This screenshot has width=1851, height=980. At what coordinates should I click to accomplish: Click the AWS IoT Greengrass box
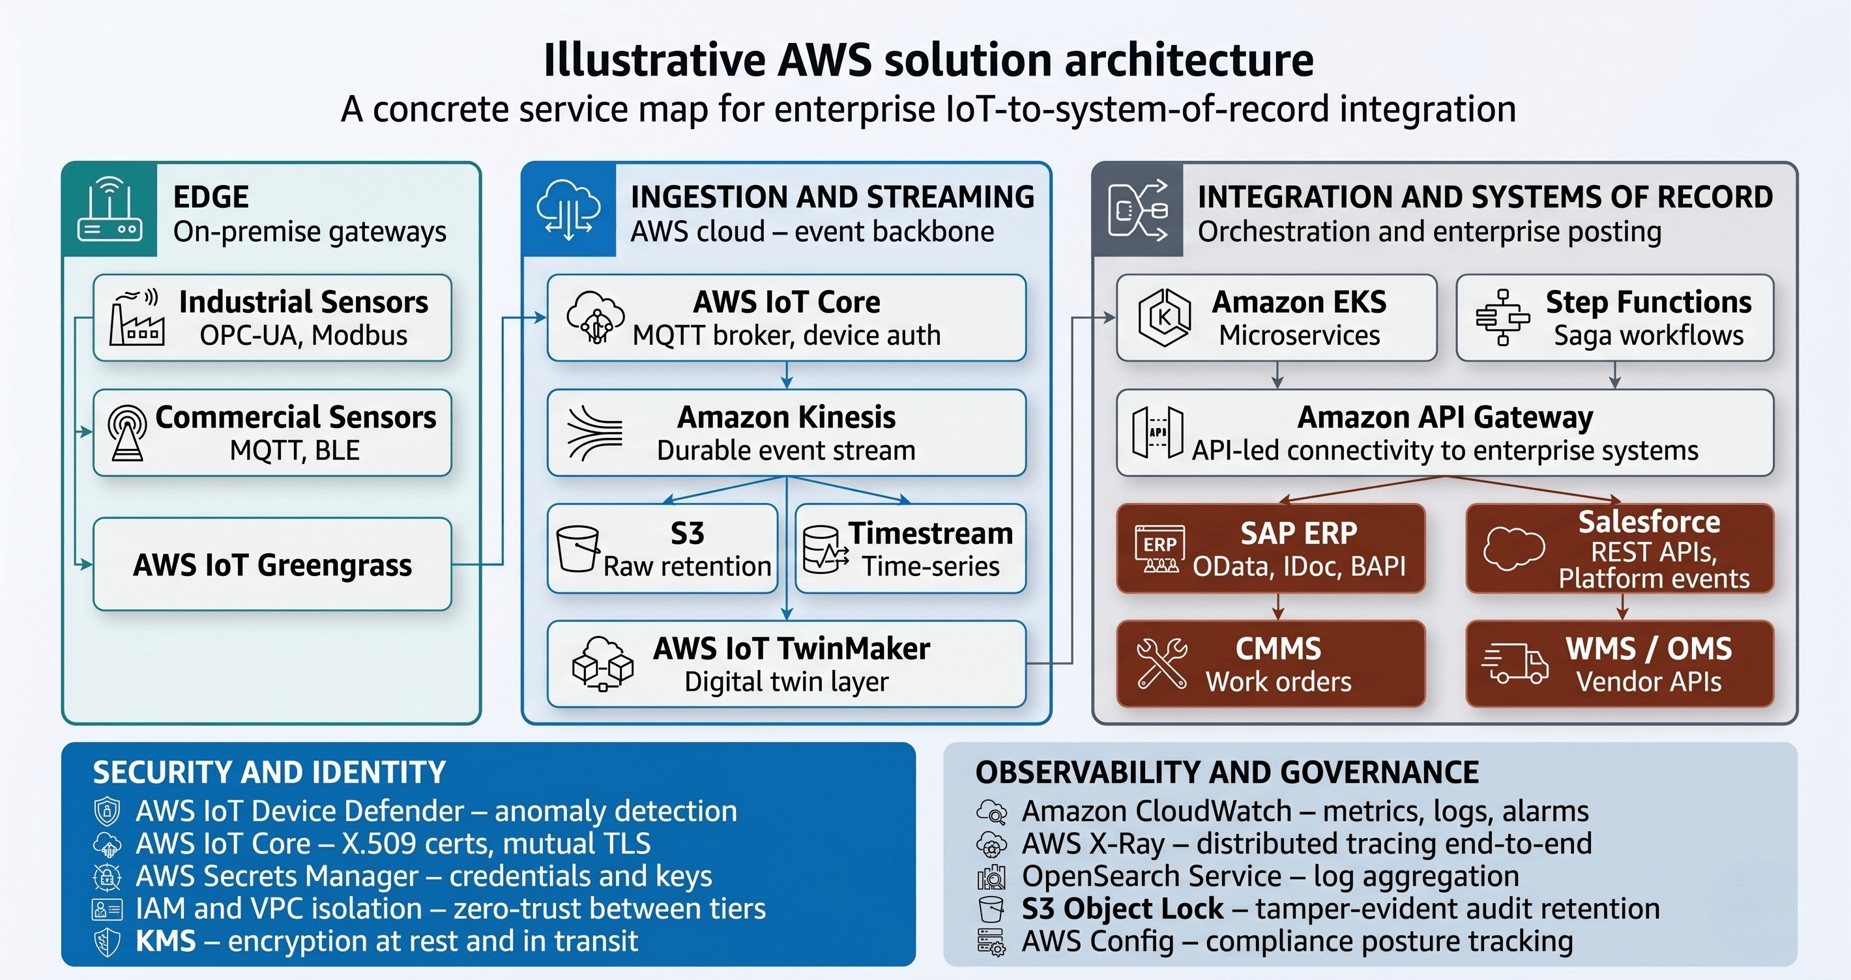[272, 565]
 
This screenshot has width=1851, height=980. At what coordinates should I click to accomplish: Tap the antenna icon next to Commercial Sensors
[127, 432]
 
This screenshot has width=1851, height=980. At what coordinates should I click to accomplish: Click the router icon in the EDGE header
[109, 210]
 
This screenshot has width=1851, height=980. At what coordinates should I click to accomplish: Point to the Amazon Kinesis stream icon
[594, 433]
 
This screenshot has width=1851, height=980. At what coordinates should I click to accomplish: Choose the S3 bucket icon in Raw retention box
[577, 549]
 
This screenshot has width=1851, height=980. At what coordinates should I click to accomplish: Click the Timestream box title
[931, 533]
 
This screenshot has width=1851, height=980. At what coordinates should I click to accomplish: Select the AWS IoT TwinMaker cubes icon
[602, 663]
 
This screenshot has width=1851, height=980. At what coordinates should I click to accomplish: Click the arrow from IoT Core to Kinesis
[787, 375]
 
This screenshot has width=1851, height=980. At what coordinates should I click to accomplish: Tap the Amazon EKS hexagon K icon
[1165, 317]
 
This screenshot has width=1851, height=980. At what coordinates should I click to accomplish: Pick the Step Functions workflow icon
[1502, 317]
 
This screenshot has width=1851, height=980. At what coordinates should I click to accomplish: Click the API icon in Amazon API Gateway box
[1157, 433]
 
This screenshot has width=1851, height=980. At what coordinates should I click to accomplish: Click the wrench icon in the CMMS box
[1161, 664]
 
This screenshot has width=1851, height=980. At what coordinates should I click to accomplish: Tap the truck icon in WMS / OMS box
[1515, 663]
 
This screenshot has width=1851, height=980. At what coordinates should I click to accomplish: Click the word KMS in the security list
[166, 941]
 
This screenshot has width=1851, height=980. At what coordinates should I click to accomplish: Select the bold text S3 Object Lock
[1122, 909]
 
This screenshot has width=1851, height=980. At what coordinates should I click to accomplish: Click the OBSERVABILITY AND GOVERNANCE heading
[1227, 772]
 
